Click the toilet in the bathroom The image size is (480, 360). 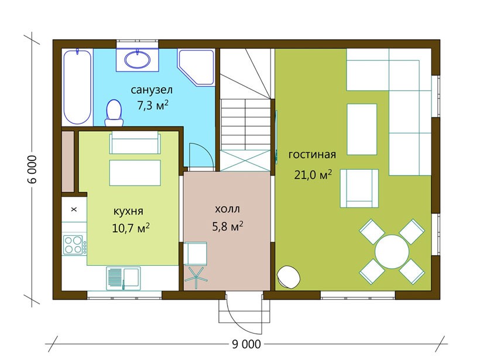tap(114, 112)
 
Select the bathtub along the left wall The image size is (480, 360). tap(77, 87)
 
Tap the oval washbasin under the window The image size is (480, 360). tap(138, 59)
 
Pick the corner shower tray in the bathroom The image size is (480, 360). tap(196, 67)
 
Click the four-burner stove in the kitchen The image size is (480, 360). tap(75, 244)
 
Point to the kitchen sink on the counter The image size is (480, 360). tap(124, 278)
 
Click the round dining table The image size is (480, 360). tap(392, 252)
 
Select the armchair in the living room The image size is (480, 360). tap(359, 188)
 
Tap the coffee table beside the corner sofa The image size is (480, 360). tap(362, 129)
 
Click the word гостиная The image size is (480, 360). tap(312, 155)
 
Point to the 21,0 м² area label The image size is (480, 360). tap(313, 175)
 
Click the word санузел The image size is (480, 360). tap(152, 90)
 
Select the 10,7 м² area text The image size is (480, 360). tap(131, 228)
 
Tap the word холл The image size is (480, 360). tap(227, 210)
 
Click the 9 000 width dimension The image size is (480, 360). tap(246, 344)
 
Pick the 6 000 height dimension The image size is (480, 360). tap(32, 170)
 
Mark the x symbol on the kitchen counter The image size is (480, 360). tap(74, 210)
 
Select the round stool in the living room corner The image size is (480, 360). tap(289, 277)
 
